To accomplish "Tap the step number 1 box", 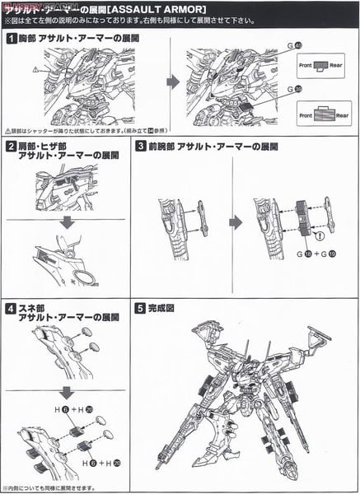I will point(9,38).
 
